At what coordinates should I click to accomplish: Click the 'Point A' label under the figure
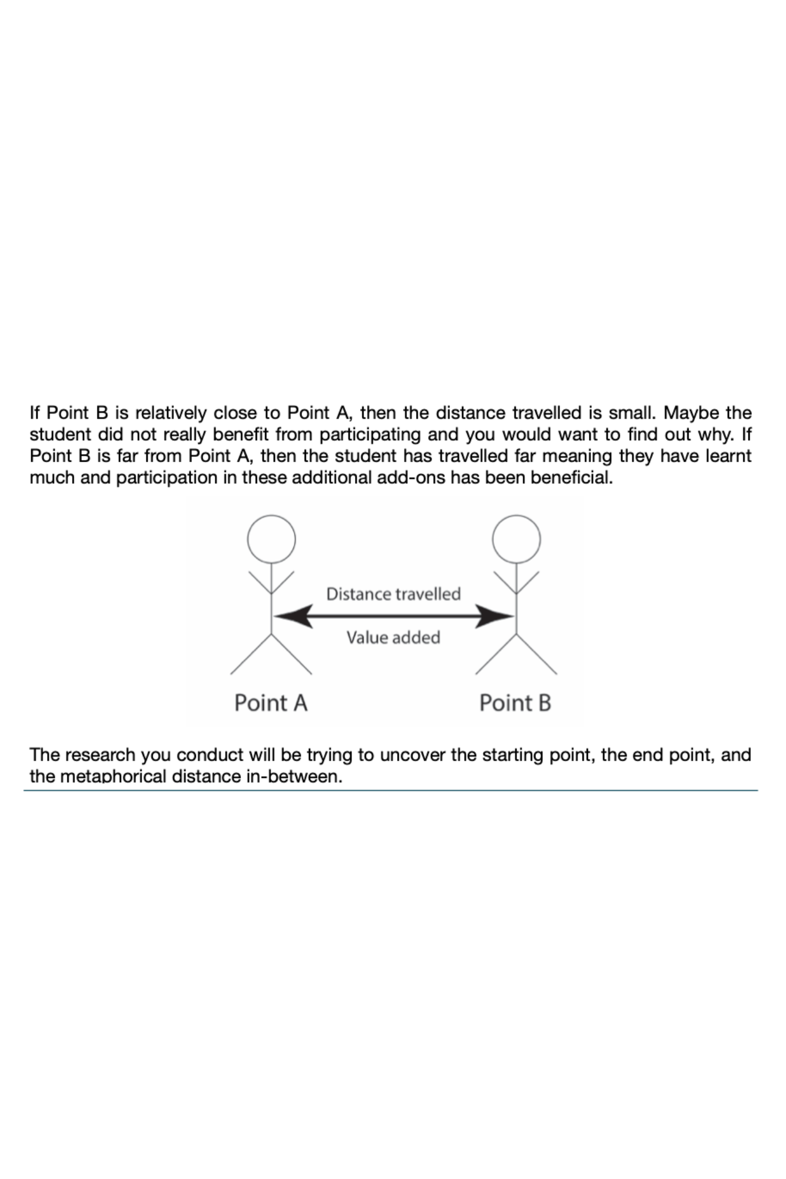tap(270, 703)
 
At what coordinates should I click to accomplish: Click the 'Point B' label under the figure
tap(515, 703)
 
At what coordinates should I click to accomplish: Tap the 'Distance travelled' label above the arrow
tap(393, 594)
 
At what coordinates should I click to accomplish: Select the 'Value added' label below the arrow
tap(393, 637)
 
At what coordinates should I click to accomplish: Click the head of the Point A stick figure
tap(271, 539)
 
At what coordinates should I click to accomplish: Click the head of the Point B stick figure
tap(516, 539)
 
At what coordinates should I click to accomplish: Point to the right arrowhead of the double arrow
tap(493, 616)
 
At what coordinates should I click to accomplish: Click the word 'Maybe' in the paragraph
tap(690, 413)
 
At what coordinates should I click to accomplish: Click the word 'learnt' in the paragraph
tap(728, 456)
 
